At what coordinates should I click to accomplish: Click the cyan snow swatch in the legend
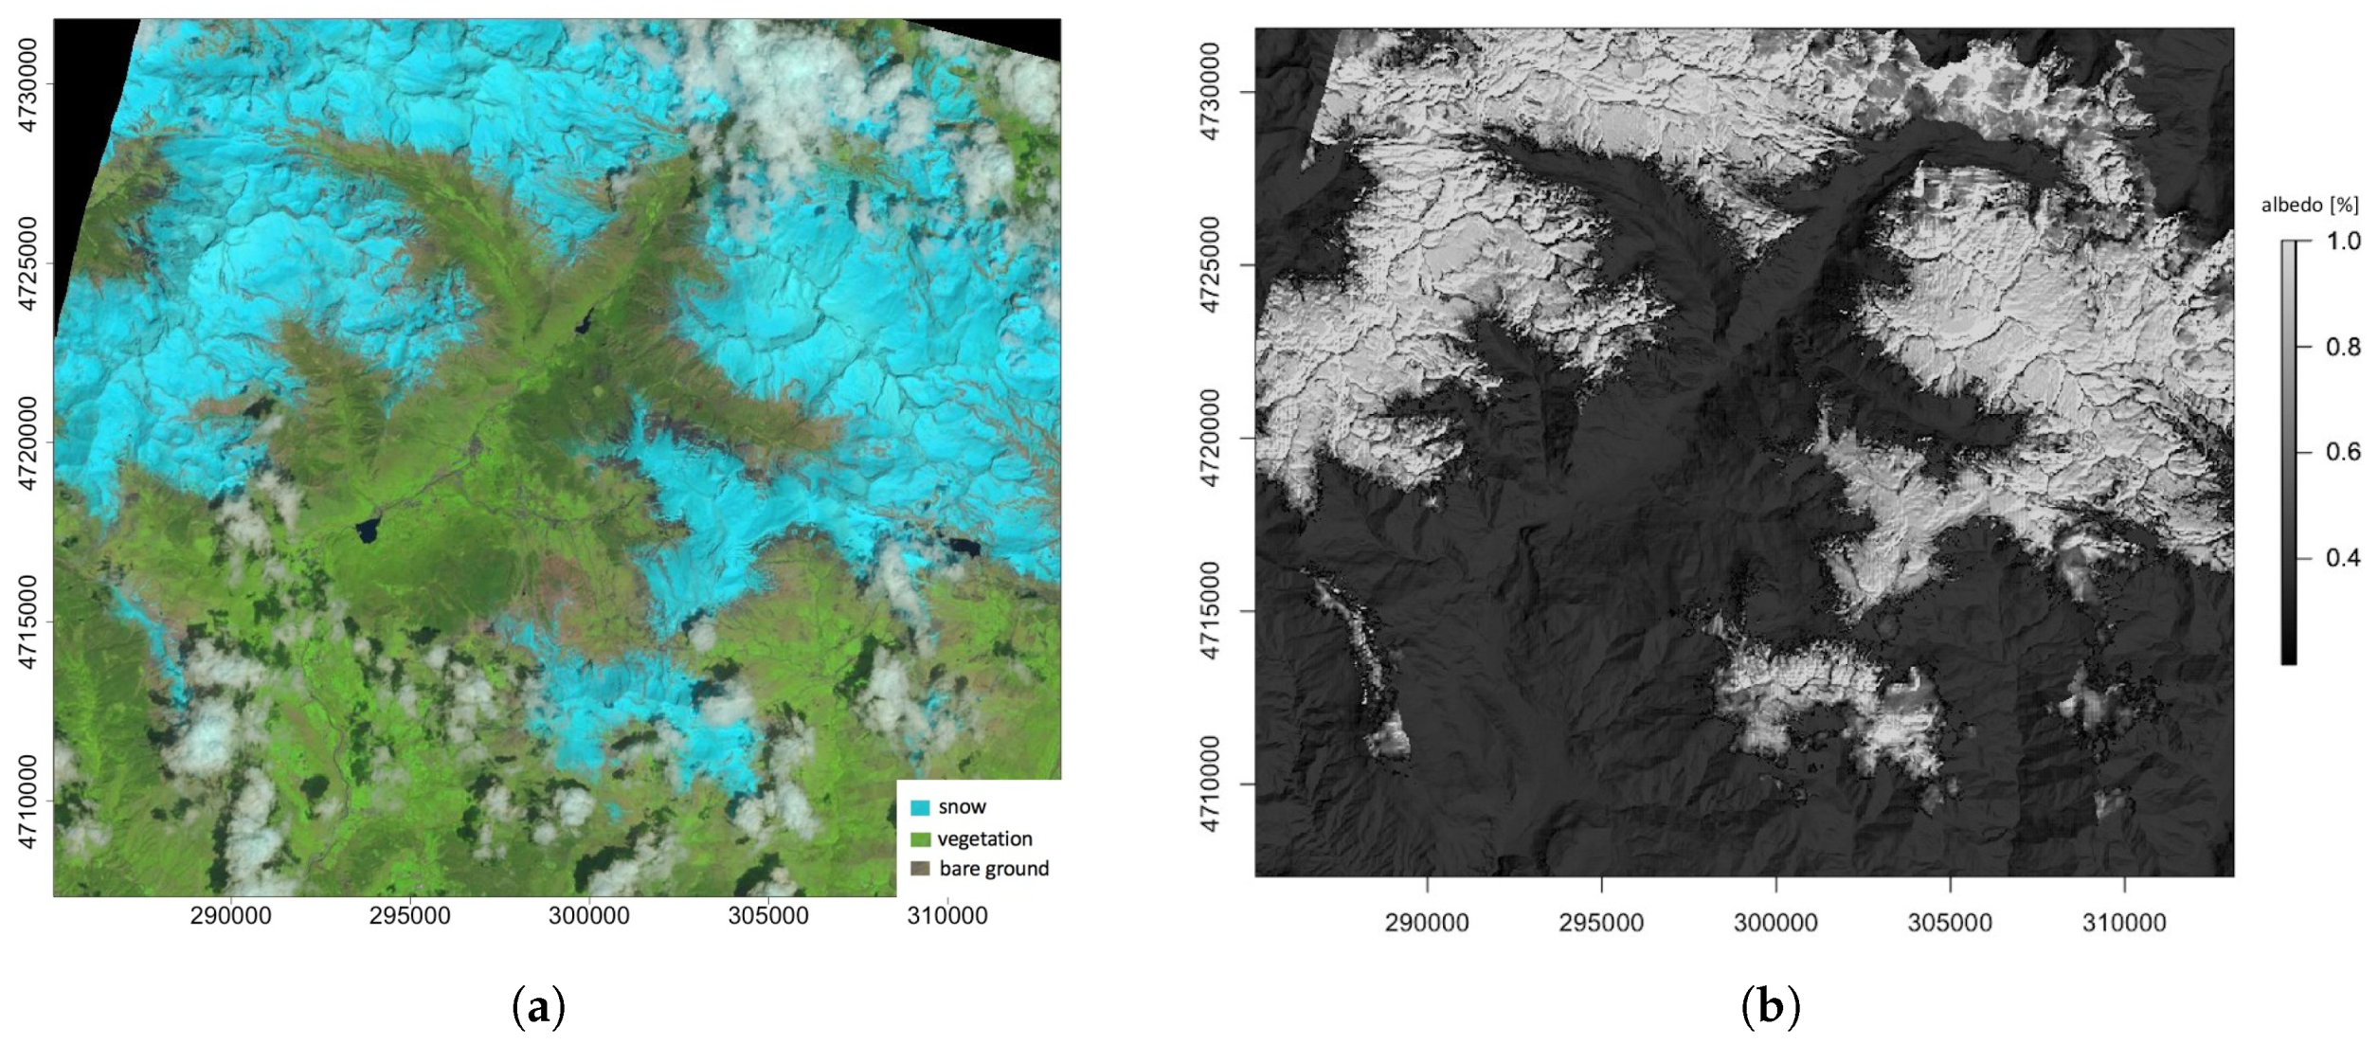pyautogui.click(x=919, y=808)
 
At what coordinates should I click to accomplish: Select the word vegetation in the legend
pyautogui.click(x=984, y=838)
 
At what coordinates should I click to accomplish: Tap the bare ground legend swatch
pyautogui.click(x=919, y=869)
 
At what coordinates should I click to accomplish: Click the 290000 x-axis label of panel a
pyautogui.click(x=230, y=916)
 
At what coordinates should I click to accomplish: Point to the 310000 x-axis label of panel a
pyautogui.click(x=947, y=916)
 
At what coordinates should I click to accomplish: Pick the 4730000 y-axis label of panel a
pyautogui.click(x=28, y=85)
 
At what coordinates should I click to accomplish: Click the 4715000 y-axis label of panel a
pyautogui.click(x=28, y=622)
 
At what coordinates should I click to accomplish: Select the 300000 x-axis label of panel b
pyautogui.click(x=1774, y=923)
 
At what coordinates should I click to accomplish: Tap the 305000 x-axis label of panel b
pyautogui.click(x=1949, y=923)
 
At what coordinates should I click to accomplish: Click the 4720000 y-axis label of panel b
pyautogui.click(x=1210, y=438)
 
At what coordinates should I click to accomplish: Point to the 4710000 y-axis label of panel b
pyautogui.click(x=1210, y=784)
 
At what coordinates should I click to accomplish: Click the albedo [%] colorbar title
pyautogui.click(x=2310, y=206)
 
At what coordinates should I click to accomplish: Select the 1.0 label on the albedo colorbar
pyautogui.click(x=2343, y=242)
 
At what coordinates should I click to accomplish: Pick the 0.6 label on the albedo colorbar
pyautogui.click(x=2343, y=452)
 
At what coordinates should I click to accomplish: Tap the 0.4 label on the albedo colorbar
pyautogui.click(x=2343, y=558)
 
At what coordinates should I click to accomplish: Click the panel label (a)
pyautogui.click(x=538, y=1006)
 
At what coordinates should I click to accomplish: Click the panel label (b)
pyautogui.click(x=1770, y=1006)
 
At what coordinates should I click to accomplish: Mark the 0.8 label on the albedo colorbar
pyautogui.click(x=2343, y=347)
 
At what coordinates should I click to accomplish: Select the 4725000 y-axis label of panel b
pyautogui.click(x=1210, y=264)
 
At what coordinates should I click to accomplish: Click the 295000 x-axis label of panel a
pyautogui.click(x=409, y=916)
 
